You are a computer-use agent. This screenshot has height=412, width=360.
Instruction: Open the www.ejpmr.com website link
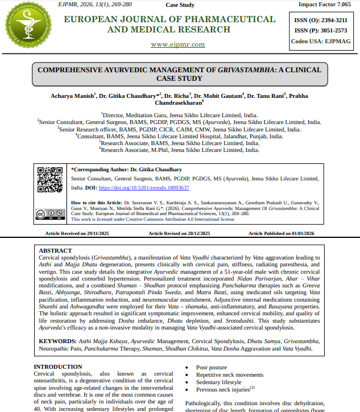tap(177, 44)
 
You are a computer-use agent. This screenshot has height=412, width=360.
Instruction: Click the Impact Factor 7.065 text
tap(324, 5)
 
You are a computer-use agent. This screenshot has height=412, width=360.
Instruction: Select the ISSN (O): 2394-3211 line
tap(321, 20)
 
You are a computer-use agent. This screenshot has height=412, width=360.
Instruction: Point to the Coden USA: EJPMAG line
tap(321, 41)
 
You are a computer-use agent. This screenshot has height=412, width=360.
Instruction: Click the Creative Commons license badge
tap(49, 214)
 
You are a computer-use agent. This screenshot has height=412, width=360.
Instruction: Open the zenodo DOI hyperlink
tap(144, 187)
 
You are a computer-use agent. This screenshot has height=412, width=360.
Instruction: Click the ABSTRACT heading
tap(55, 250)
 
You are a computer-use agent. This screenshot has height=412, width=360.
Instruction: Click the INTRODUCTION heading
tap(58, 367)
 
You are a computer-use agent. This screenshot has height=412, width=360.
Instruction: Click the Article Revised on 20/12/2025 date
tap(179, 233)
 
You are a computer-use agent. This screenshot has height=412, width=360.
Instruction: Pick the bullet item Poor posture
tap(212, 368)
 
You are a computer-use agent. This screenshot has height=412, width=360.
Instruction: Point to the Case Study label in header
tap(180, 5)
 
